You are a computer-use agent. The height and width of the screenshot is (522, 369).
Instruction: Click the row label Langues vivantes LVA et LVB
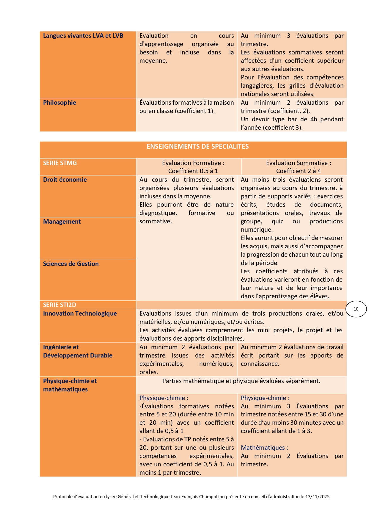tap(83, 36)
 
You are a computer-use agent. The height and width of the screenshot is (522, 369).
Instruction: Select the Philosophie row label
tap(59, 103)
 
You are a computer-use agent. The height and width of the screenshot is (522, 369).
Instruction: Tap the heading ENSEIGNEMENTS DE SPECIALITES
tap(197, 146)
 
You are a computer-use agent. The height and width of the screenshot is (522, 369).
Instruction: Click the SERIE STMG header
tap(60, 163)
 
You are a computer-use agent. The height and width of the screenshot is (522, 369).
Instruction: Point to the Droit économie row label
tap(65, 180)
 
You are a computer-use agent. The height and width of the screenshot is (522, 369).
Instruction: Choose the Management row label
tap(62, 222)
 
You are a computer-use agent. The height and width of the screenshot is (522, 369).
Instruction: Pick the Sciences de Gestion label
tap(71, 264)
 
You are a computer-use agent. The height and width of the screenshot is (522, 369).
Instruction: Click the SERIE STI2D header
tap(59, 305)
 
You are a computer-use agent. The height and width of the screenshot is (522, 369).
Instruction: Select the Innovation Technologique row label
tap(80, 313)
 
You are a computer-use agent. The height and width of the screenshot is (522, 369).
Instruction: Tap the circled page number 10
tap(356, 309)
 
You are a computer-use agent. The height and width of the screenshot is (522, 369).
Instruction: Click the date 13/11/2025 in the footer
tap(317, 496)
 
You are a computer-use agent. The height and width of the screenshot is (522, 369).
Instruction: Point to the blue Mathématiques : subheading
tap(264, 448)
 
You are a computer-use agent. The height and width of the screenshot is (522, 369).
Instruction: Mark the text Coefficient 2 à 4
tap(298, 171)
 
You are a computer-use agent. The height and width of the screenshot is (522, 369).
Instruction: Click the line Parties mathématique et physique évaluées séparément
tap(241, 381)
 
